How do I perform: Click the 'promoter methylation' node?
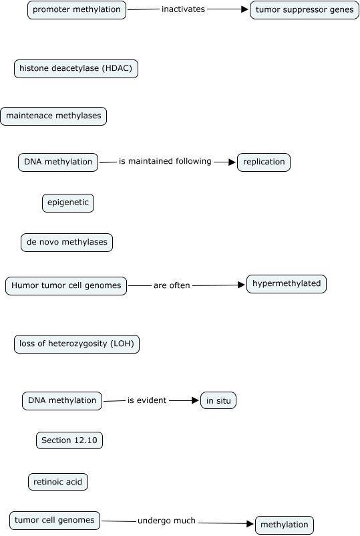click(77, 10)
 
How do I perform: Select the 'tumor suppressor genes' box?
click(305, 10)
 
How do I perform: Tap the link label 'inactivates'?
click(183, 9)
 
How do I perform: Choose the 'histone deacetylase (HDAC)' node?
click(76, 68)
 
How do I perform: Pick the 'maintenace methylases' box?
click(53, 116)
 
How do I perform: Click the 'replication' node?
click(264, 162)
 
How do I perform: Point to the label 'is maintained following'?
click(165, 161)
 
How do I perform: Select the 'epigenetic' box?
click(68, 203)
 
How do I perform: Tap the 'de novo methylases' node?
click(67, 243)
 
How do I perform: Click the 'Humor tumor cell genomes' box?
click(66, 286)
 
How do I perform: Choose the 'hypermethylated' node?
click(287, 284)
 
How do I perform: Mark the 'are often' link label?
click(172, 285)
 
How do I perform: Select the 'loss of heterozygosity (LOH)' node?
click(77, 344)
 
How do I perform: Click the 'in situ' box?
click(218, 400)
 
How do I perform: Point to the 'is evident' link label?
click(147, 400)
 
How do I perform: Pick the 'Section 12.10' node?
click(69, 440)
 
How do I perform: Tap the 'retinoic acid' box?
click(57, 482)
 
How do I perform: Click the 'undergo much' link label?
click(166, 521)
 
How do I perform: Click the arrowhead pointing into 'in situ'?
click(196, 400)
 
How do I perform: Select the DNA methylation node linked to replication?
click(58, 162)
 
